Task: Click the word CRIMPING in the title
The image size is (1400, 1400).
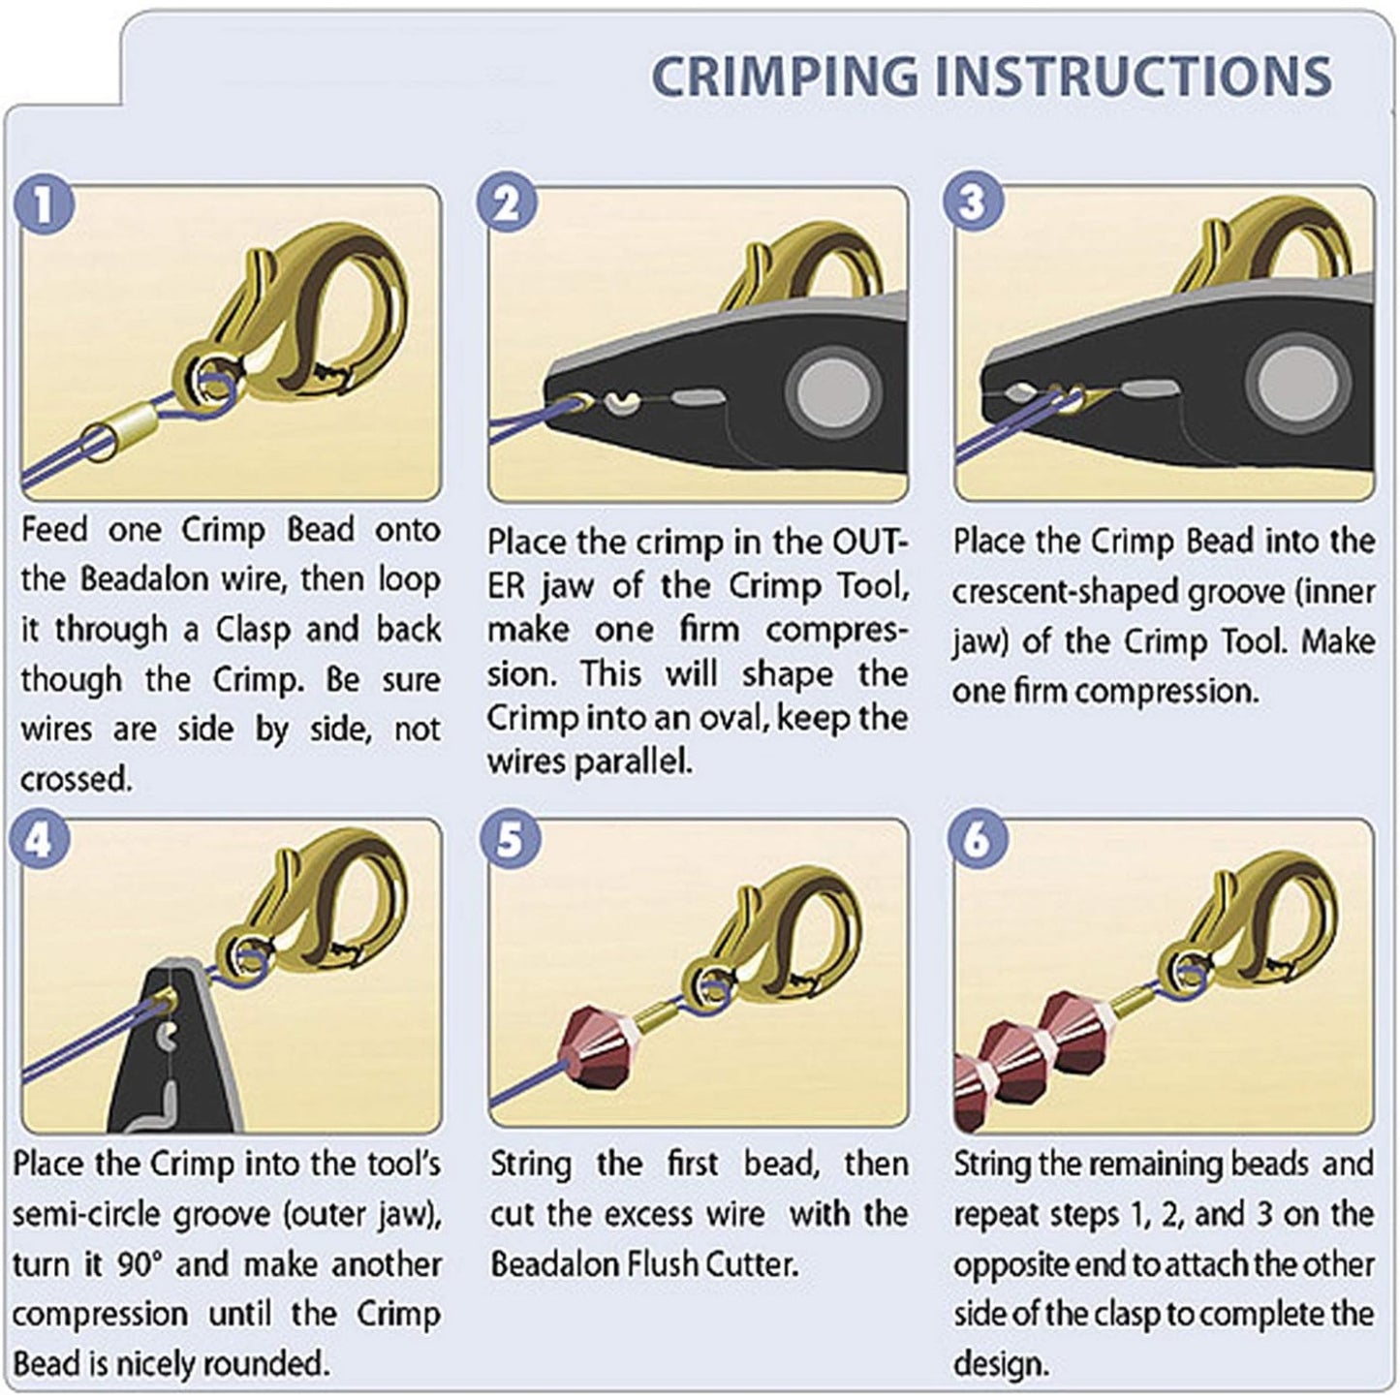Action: (784, 77)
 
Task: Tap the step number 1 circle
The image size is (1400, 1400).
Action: (45, 205)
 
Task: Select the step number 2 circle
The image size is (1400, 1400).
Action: (507, 203)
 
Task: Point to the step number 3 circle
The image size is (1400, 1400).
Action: (974, 202)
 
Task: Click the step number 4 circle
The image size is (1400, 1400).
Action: (39, 841)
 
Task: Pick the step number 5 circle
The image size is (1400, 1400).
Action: (510, 841)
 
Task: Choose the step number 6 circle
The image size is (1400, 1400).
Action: (978, 841)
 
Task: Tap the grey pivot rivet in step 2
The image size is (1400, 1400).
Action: (829, 392)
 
